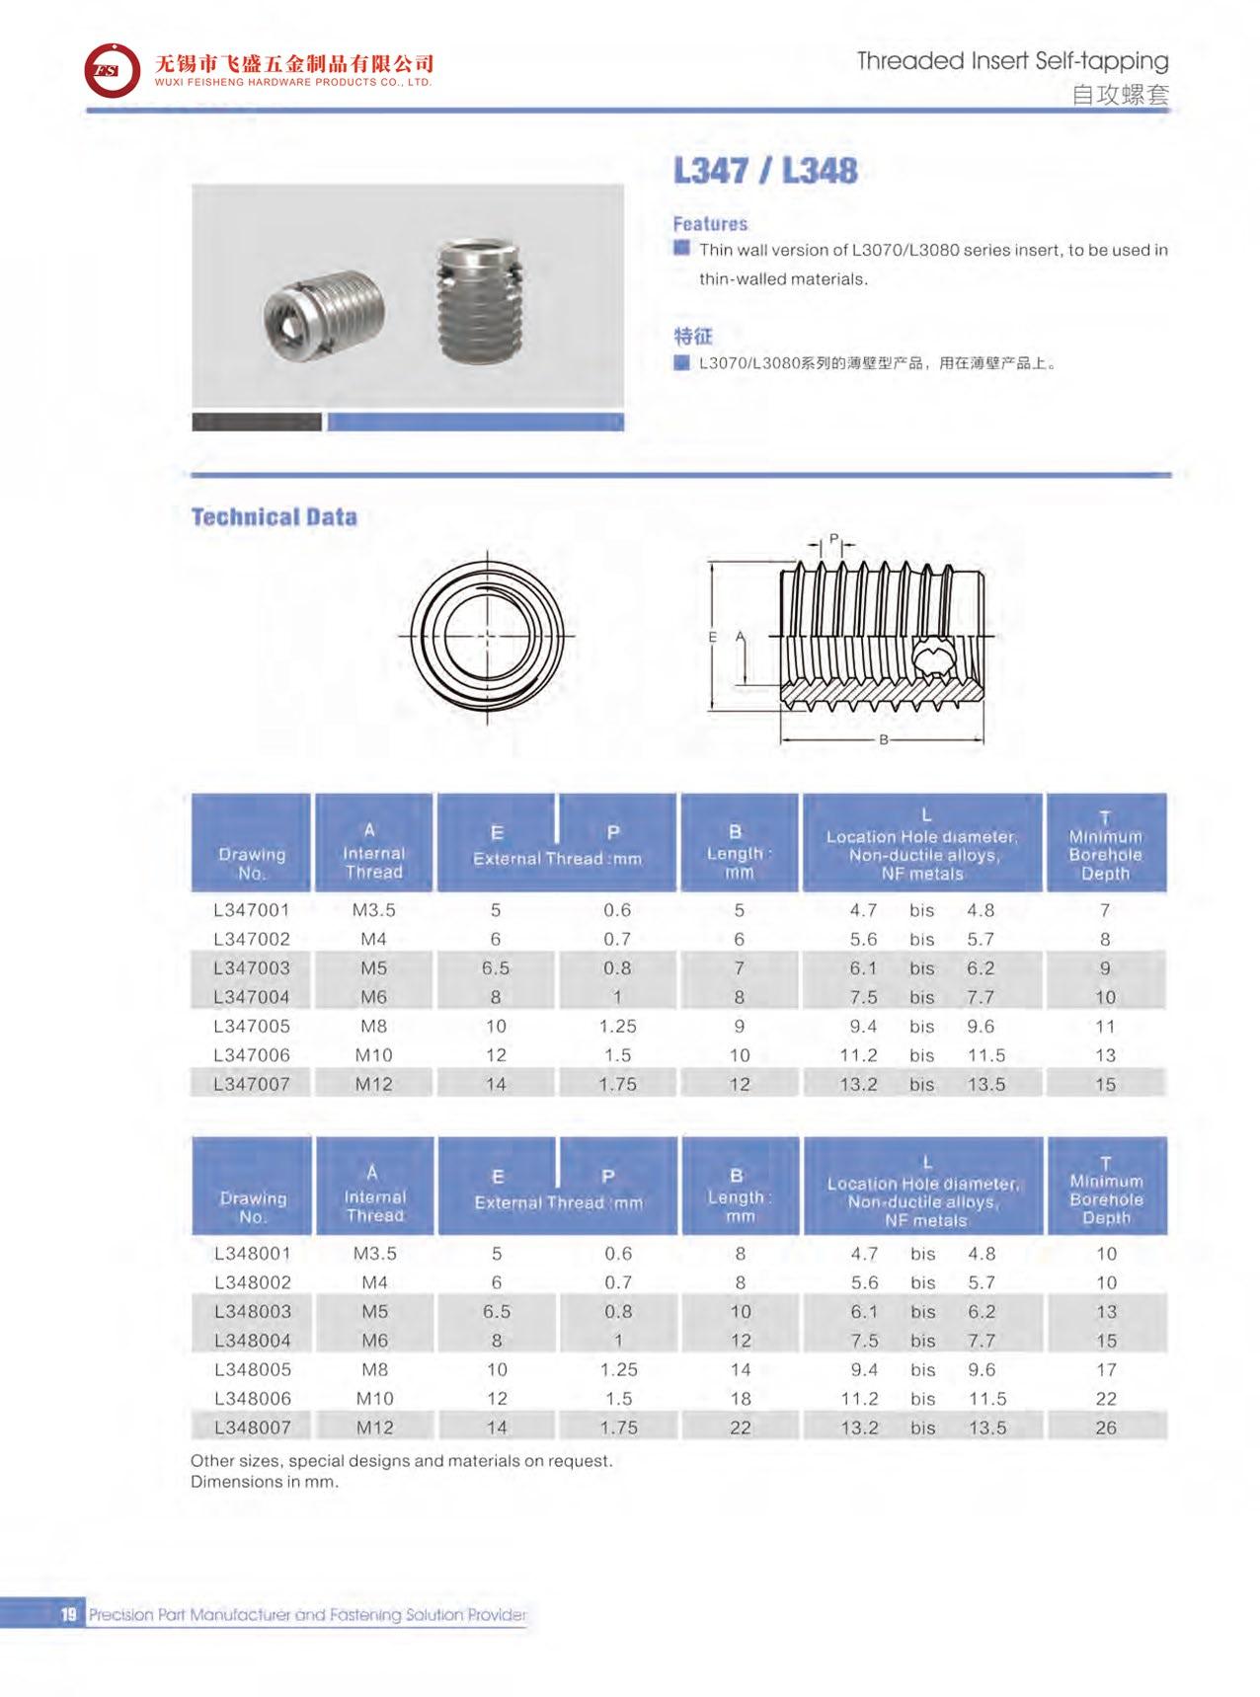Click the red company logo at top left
click(112, 70)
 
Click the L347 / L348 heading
click(764, 171)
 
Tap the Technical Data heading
click(274, 517)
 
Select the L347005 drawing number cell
click(252, 1027)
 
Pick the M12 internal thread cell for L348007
click(374, 1427)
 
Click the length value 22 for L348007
click(740, 1427)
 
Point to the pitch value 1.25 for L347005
click(617, 1027)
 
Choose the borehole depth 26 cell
click(1106, 1427)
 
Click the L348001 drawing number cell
click(252, 1254)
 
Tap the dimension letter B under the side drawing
click(884, 739)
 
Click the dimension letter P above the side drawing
click(833, 539)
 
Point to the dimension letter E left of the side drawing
click(712, 638)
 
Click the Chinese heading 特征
click(692, 336)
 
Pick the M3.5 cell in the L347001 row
click(373, 910)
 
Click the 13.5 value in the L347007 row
click(985, 1084)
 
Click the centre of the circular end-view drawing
click(486, 636)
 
